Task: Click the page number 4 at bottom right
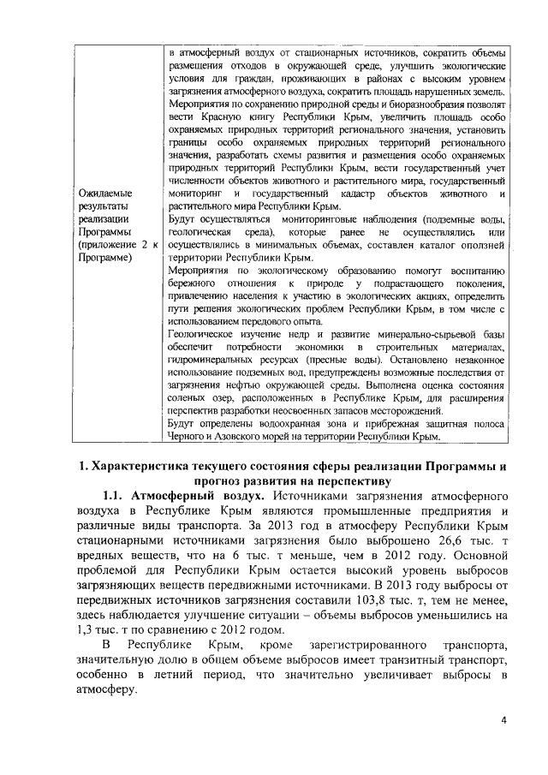[x=504, y=719]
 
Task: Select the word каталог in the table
[x=406, y=246]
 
